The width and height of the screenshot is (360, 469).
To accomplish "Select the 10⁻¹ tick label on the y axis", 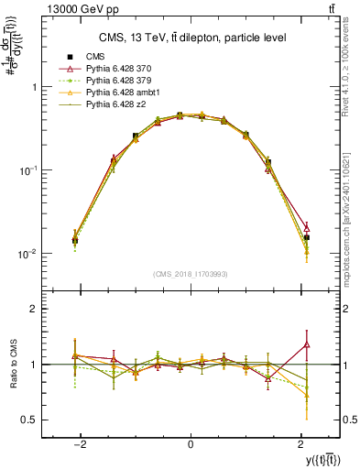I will tap(27, 171).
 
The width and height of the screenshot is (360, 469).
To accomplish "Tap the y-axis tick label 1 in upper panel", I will tap(34, 88).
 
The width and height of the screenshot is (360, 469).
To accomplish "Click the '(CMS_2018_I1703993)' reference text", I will tap(190, 274).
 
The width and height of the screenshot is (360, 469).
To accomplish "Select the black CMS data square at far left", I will tap(75, 241).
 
